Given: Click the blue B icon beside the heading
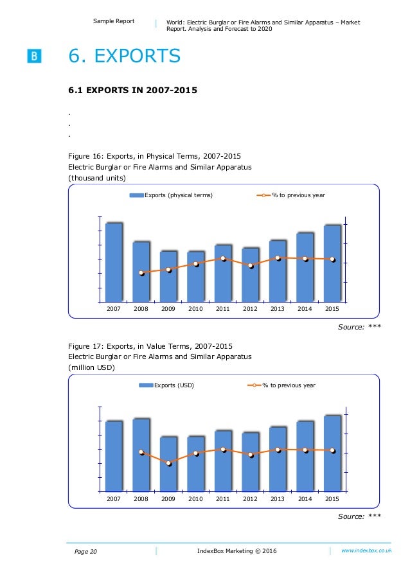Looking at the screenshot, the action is tap(34, 57).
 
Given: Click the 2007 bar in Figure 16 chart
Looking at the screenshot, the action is tap(114, 262).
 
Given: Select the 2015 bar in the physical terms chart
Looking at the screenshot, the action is tap(332, 263).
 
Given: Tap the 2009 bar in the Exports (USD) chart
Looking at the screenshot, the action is tap(169, 464).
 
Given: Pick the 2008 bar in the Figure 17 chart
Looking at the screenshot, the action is tap(141, 455).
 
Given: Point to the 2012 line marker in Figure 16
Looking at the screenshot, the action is tap(251, 265).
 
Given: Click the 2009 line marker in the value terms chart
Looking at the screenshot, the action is tap(169, 463).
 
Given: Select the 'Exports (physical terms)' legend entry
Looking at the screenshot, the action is tap(171, 195).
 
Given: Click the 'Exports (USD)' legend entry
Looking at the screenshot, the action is tap(166, 385).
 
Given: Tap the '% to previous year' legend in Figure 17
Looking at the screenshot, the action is tap(281, 385).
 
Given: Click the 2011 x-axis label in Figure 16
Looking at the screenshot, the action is tap(223, 309).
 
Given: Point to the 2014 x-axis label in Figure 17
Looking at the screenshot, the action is tap(305, 499).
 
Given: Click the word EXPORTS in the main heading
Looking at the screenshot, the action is tap(138, 57).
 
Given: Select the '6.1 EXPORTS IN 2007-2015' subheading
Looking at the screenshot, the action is tap(132, 91).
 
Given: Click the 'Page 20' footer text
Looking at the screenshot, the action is tap(85, 552).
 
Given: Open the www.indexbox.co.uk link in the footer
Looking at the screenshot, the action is tap(366, 550).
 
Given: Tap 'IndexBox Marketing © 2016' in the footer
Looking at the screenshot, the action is tap(237, 551).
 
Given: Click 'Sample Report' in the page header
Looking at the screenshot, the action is tap(114, 21).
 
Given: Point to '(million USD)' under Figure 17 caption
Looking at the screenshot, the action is tap(91, 367).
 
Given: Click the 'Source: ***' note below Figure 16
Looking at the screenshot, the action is tap(359, 327).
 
